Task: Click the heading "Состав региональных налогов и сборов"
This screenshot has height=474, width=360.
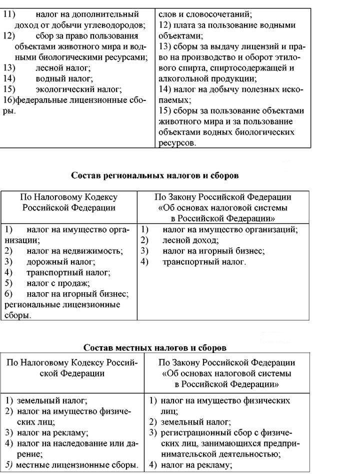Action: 154,175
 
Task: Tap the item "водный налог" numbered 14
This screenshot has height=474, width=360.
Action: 57,78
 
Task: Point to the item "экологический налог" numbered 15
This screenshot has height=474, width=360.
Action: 71,89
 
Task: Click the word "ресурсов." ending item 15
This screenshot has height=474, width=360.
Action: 177,142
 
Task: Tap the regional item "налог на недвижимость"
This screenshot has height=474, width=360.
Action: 74,251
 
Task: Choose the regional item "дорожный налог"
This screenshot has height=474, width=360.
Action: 60,262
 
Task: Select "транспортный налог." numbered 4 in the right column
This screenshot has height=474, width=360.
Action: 204,262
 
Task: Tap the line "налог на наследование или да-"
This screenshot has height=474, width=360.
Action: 76,443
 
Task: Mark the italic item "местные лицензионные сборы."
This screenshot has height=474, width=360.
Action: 77,465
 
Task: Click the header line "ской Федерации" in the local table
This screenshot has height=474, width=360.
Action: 73,373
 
